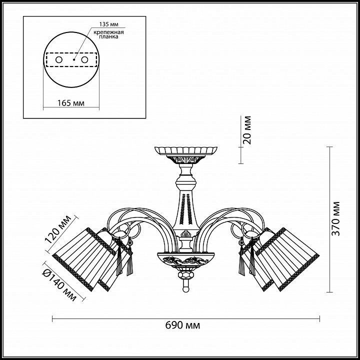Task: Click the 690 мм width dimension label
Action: coord(182,325)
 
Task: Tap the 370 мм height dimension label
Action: coord(335,219)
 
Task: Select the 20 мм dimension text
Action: coord(247,130)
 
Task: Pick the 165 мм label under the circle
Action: coord(70,103)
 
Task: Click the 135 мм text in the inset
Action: coord(109,24)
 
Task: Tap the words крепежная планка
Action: coord(108,34)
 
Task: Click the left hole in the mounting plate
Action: coord(59,60)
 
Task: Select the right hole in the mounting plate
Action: coord(84,60)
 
